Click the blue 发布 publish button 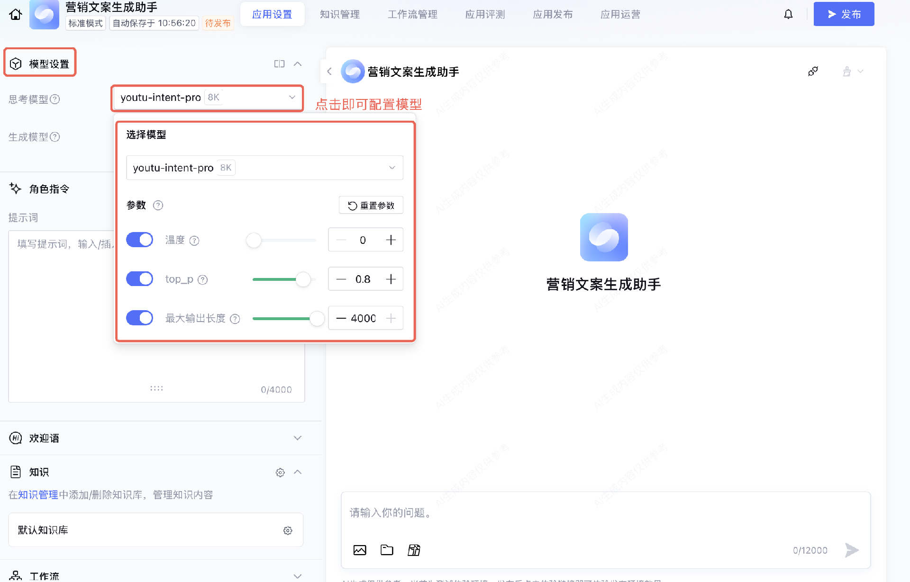tap(844, 14)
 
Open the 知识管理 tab tap(339, 14)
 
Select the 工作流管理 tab tap(412, 14)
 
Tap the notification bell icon tap(788, 14)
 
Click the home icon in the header tap(16, 14)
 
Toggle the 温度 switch tap(139, 240)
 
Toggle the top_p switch tap(139, 279)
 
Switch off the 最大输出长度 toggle tap(139, 318)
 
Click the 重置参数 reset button tap(371, 206)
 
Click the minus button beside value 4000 tap(341, 318)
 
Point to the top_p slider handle tap(303, 279)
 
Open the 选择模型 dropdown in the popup tap(264, 168)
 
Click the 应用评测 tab tap(485, 14)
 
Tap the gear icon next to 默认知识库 tap(288, 530)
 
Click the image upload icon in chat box tap(360, 550)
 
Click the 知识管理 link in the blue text tap(38, 495)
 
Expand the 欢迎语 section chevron tap(298, 438)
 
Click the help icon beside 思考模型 tap(55, 99)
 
